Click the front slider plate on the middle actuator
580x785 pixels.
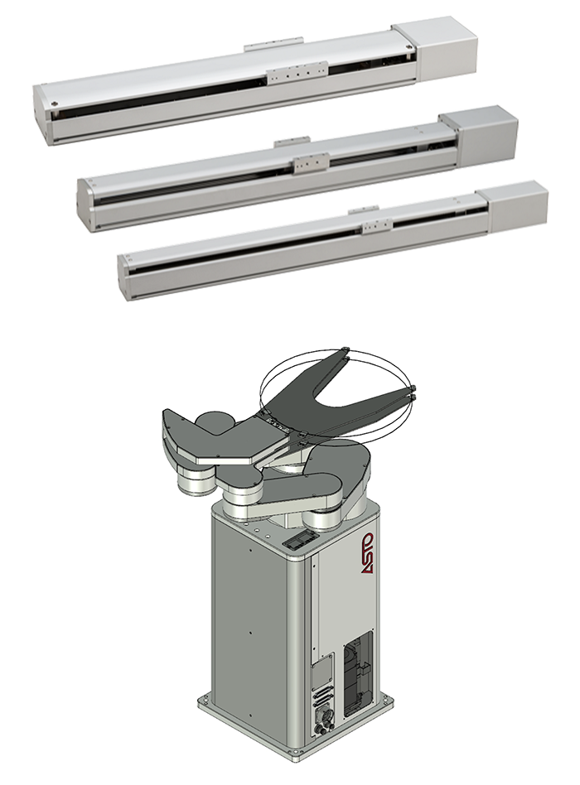(x=312, y=161)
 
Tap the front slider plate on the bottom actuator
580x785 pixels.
(x=375, y=227)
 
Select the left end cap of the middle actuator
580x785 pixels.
(x=85, y=205)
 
